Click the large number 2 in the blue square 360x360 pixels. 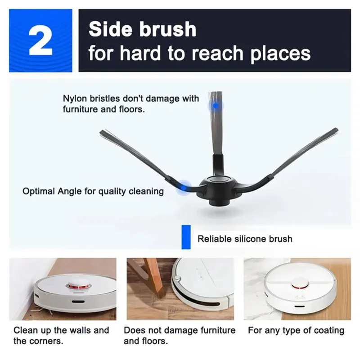[40, 40]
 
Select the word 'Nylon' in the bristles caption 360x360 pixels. [75, 99]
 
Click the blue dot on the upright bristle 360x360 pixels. [216, 106]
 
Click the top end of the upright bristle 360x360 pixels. [216, 93]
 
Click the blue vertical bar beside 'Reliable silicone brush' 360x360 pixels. [184, 237]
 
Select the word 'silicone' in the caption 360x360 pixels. [251, 239]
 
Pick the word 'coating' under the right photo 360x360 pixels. [328, 330]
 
